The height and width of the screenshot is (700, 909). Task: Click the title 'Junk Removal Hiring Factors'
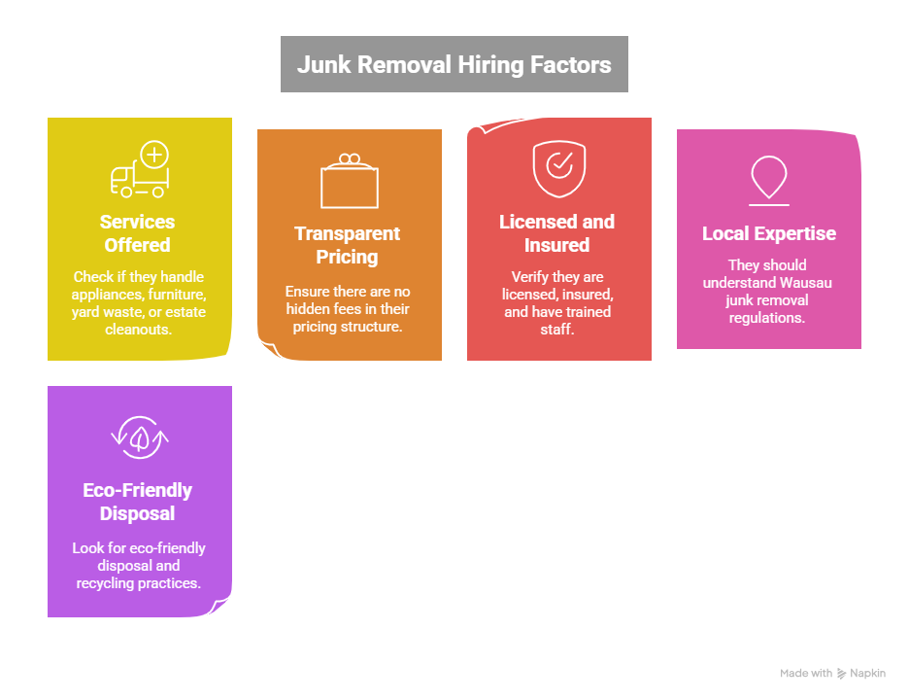[x=454, y=65]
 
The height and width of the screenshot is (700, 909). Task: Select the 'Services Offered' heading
[x=138, y=233]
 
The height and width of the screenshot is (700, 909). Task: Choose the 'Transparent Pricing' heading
[x=347, y=245]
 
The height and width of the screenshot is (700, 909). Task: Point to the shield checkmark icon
[x=558, y=168]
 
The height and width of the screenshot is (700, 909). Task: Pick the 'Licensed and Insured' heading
[x=556, y=233]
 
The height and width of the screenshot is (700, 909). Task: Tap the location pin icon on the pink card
[x=768, y=179]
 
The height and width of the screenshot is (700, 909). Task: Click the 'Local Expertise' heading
[x=768, y=234]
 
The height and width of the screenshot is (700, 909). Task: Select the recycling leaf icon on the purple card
[x=139, y=437]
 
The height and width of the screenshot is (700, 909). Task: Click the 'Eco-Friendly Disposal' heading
[x=137, y=502]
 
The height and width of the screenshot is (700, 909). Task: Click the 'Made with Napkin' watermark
[x=832, y=673]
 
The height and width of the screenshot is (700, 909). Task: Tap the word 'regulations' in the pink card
[x=768, y=317]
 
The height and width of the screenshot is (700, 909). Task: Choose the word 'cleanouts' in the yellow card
[x=139, y=330]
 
